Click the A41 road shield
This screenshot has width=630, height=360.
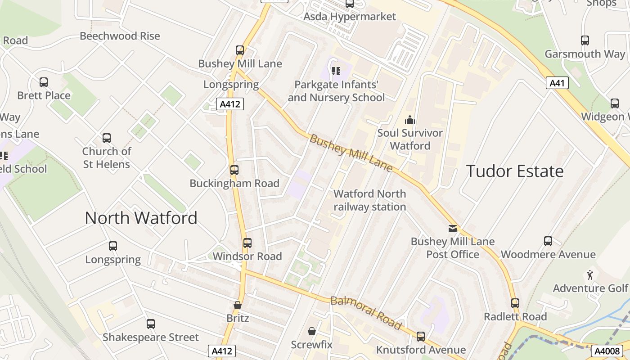tap(557, 83)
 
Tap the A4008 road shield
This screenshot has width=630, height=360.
tap(605, 351)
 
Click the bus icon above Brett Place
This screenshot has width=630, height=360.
tap(44, 82)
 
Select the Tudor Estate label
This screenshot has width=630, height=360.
tap(515, 171)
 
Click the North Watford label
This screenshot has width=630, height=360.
tap(141, 218)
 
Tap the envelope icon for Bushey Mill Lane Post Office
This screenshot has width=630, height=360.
tap(453, 229)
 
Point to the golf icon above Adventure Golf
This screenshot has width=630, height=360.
tap(590, 274)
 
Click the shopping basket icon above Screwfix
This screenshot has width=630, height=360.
tap(311, 332)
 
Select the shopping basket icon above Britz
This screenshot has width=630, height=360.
tap(238, 305)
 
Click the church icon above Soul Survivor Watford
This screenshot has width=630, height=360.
tap(409, 120)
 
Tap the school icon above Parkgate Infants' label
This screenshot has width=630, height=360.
tap(336, 71)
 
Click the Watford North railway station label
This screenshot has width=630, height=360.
tap(369, 200)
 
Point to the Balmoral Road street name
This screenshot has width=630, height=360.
tap(365, 312)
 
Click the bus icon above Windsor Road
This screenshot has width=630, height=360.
tap(247, 243)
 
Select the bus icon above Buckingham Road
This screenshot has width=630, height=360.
tap(234, 170)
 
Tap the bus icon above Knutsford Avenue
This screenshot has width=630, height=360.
tap(421, 336)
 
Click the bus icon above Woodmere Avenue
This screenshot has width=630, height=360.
tap(548, 241)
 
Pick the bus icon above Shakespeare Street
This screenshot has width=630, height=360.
tap(151, 324)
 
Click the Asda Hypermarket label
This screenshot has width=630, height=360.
tap(350, 17)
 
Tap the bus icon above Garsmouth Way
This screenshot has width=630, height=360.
tap(585, 40)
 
